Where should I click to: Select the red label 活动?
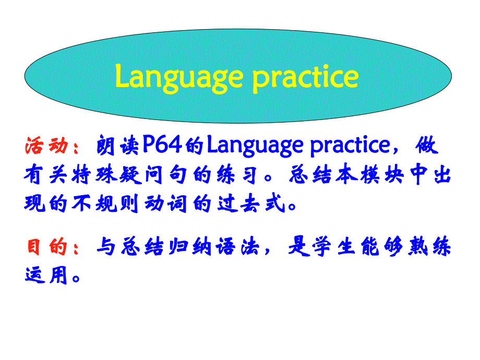46,145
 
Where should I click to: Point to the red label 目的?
47,246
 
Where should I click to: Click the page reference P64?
162,145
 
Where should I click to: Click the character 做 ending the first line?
426,145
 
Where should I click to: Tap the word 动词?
165,203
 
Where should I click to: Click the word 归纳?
190,246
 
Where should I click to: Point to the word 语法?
237,246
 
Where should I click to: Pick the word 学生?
334,246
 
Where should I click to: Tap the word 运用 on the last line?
46,275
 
